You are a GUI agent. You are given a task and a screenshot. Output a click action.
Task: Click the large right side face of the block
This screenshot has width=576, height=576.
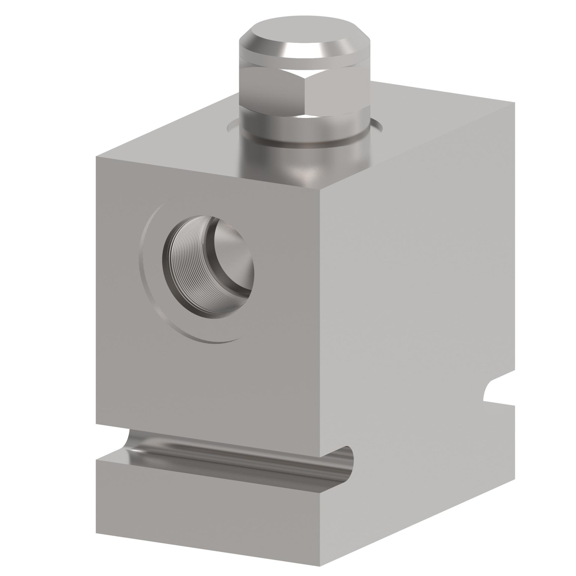point(420,270)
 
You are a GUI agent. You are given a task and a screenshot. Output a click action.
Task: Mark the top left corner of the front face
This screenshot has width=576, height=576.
point(96,156)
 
